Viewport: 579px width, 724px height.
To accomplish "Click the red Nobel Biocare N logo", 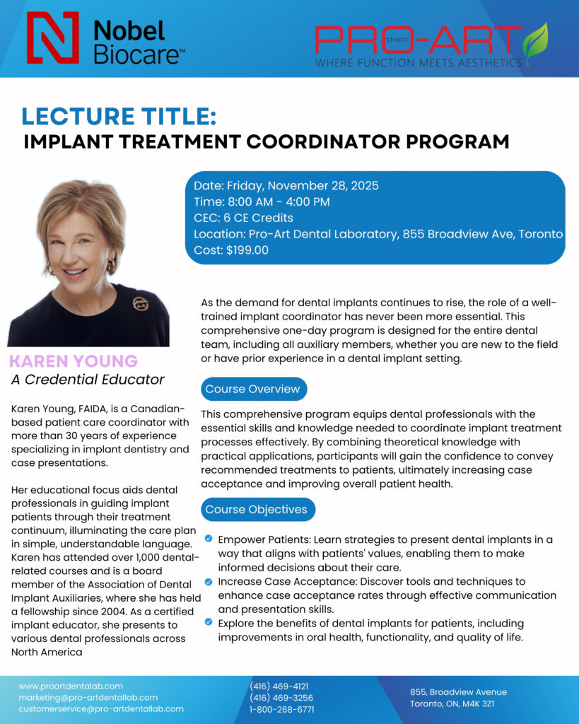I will (x=52, y=37).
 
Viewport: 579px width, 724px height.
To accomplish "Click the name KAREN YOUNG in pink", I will (x=74, y=361).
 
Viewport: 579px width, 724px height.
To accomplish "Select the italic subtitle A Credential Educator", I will (x=88, y=380).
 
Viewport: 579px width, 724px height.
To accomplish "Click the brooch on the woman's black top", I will (x=141, y=303).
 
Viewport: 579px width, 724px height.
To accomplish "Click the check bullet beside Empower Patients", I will (x=209, y=539).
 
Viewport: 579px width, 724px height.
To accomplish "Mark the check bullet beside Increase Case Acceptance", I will (x=209, y=581).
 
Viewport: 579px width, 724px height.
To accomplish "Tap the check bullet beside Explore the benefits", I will (x=209, y=622).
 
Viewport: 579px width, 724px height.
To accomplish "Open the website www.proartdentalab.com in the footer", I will (x=71, y=686).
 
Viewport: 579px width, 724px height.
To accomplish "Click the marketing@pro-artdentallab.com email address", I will (x=88, y=697).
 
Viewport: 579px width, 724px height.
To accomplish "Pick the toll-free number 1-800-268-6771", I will (x=281, y=709).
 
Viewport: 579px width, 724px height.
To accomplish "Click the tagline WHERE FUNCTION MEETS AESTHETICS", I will (x=419, y=63).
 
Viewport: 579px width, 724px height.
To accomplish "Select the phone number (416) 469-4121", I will (x=279, y=686).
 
